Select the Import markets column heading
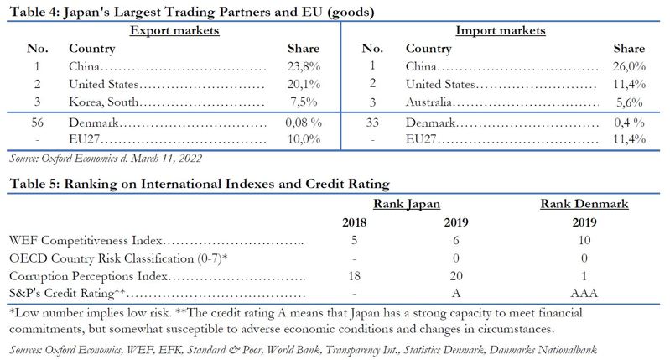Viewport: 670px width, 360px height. pyautogui.click(x=500, y=31)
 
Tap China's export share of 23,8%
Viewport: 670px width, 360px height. pyautogui.click(x=304, y=66)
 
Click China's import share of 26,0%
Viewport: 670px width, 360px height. pyautogui.click(x=629, y=66)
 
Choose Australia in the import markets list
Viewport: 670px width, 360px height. pyautogui.click(x=432, y=102)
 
